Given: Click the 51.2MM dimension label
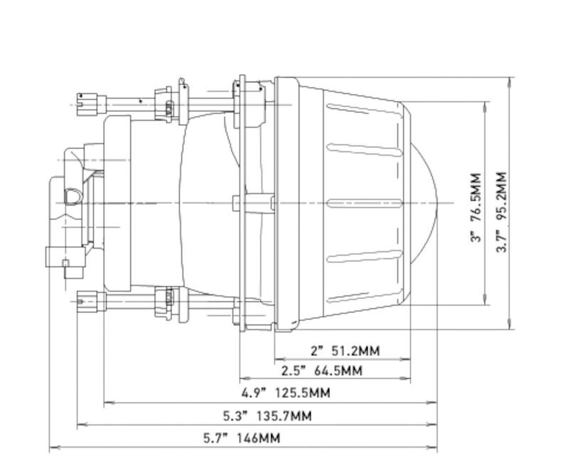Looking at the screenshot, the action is tap(356, 351).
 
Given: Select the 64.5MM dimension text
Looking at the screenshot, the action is tap(338, 371).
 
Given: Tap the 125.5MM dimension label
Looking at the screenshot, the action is tap(302, 393).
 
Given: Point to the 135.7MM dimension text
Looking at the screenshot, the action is tap(284, 415).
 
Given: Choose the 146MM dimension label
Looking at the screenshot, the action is tap(258, 438).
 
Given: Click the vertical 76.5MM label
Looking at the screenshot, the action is tap(476, 197).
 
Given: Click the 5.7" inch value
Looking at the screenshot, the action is tap(216, 438).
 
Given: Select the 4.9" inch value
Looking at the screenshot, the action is tap(254, 393).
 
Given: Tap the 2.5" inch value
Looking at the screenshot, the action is tap(294, 371).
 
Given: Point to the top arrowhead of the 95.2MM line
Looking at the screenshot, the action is tap(510, 81).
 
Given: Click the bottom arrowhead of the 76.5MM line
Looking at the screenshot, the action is tap(486, 300).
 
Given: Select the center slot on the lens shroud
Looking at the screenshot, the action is tap(365, 203).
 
